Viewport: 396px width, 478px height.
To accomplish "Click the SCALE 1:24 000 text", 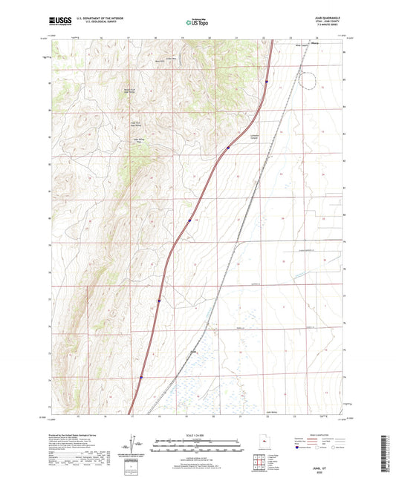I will [x=198, y=435].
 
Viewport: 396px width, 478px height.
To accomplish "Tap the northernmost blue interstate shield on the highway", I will [x=266, y=82].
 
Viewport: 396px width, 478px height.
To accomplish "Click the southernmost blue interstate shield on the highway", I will [x=140, y=376].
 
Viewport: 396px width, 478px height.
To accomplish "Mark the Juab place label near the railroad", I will [x=194, y=352].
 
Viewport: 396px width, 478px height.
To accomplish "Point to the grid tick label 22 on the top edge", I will [x=264, y=36].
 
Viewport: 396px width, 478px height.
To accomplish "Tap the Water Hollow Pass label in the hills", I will [x=137, y=139].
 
